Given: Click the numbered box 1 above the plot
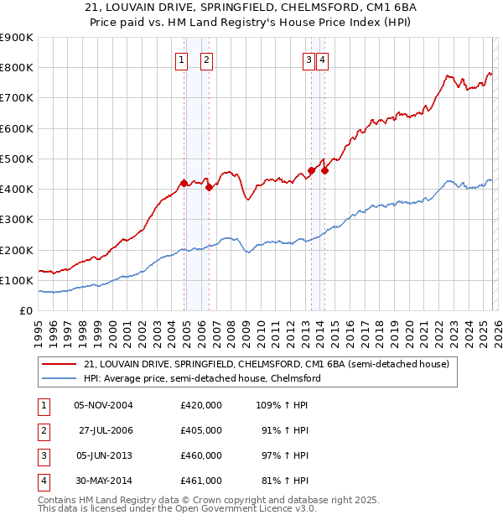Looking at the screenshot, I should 181,60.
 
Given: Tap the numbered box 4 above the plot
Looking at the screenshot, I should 322,60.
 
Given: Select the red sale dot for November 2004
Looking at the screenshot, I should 184,182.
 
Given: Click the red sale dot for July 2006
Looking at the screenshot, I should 209,187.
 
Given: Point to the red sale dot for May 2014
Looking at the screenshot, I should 324,170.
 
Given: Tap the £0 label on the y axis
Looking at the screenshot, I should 25,311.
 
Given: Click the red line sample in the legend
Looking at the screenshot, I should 59,364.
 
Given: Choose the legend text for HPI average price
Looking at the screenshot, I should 202,378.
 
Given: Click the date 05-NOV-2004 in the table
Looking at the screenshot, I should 103,405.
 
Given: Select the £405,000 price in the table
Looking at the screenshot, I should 200,430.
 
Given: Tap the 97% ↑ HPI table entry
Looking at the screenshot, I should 283,455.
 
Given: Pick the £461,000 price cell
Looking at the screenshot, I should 200,481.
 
